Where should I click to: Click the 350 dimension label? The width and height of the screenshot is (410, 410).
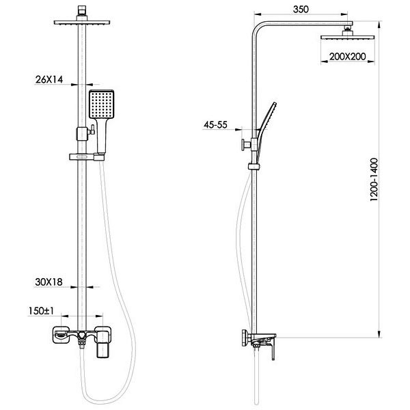point(301,10)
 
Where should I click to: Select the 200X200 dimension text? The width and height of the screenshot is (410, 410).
point(347,57)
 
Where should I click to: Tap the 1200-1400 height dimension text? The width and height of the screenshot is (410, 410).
point(374,179)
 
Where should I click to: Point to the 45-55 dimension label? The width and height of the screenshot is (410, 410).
point(215,125)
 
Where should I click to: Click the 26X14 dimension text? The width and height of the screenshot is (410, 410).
point(49,79)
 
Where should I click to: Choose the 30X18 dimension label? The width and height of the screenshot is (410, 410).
point(49,282)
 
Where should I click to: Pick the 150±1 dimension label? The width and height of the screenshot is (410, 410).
point(41,311)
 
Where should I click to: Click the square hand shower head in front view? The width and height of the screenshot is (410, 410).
point(101,105)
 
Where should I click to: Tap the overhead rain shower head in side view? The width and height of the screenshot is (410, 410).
point(348,37)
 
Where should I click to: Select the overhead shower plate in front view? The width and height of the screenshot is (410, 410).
point(82,23)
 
